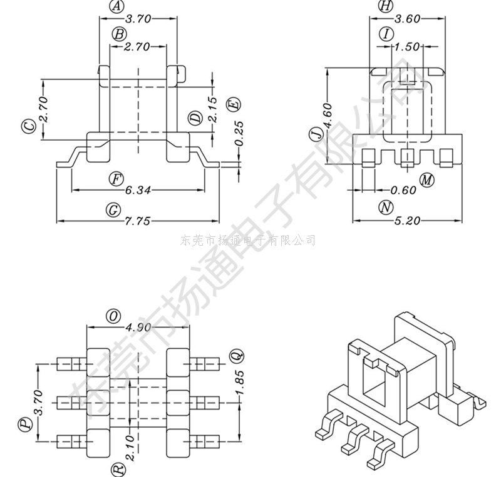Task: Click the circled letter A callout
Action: click(116, 6)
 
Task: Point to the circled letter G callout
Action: click(113, 210)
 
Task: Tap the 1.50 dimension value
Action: click(408, 47)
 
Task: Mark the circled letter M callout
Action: click(427, 180)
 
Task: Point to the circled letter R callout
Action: click(118, 468)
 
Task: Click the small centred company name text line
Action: click(247, 240)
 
